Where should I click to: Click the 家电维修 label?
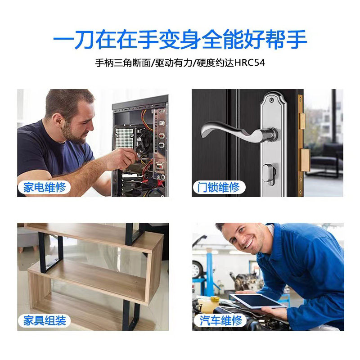(45, 187)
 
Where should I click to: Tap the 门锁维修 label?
(219, 187)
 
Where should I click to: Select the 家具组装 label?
(45, 320)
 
